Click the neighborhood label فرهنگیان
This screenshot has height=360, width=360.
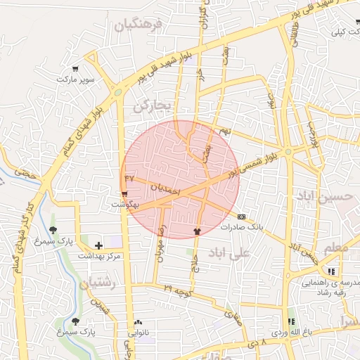138,26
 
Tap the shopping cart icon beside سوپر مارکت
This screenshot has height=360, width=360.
75,69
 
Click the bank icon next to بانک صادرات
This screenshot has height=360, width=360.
242,217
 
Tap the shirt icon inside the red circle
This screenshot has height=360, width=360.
197,230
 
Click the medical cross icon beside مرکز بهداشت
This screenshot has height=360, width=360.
98,245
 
